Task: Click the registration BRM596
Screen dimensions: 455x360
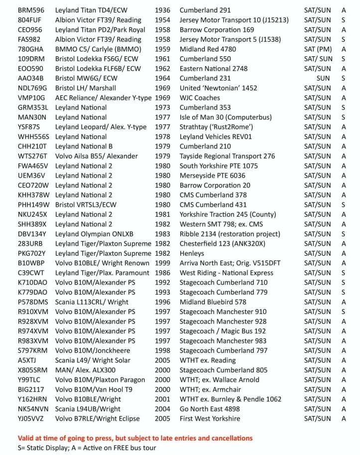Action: (x=31, y=10)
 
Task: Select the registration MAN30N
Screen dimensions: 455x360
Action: (x=32, y=117)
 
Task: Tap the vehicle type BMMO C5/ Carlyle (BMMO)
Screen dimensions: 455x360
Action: (x=98, y=49)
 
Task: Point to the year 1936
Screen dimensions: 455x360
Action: (x=162, y=10)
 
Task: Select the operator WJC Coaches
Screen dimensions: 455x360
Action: (x=200, y=98)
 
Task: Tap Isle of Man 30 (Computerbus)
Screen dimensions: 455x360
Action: (x=226, y=117)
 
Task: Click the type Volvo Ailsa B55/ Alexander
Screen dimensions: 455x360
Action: (x=97, y=156)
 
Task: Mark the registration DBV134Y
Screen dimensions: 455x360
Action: (x=32, y=234)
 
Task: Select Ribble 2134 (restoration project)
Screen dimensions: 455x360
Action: (x=230, y=234)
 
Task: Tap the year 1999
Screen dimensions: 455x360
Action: (x=162, y=263)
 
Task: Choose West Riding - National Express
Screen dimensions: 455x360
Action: (x=226, y=273)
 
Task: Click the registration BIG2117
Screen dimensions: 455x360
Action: (x=31, y=389)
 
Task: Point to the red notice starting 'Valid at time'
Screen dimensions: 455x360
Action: (x=135, y=438)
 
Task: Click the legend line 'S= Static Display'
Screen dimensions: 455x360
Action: (x=87, y=448)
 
